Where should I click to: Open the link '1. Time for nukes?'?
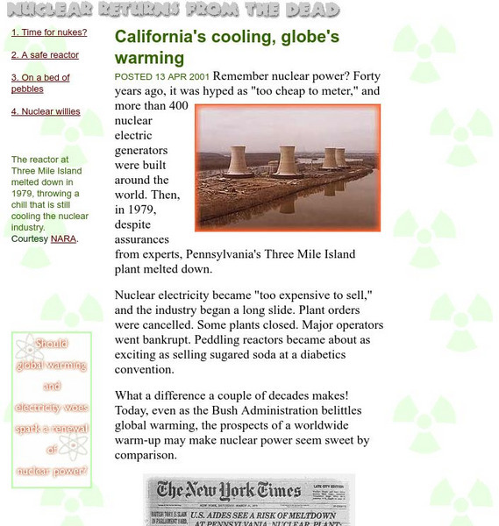click(x=49, y=32)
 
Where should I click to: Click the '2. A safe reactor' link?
click(x=45, y=54)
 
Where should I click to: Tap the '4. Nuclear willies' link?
click(x=46, y=111)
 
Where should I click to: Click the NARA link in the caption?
click(x=63, y=238)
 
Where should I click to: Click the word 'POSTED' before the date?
click(x=133, y=76)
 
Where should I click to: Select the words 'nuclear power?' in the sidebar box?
click(x=51, y=471)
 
